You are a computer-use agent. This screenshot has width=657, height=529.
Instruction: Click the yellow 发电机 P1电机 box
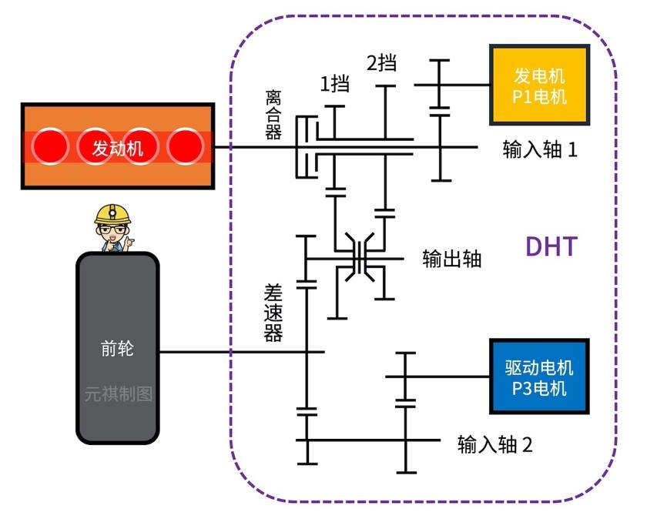click(x=540, y=85)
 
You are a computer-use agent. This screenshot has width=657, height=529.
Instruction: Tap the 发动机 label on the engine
click(x=118, y=146)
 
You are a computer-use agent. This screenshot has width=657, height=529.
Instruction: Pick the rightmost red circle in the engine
click(x=186, y=146)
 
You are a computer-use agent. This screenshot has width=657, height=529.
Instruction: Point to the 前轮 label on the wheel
click(x=117, y=348)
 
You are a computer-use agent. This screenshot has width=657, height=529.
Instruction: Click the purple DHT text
click(x=551, y=246)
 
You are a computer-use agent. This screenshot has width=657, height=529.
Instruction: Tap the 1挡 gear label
click(x=334, y=83)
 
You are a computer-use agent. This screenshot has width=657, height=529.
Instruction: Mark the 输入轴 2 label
click(x=494, y=444)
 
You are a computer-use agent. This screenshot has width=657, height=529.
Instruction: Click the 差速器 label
click(x=273, y=312)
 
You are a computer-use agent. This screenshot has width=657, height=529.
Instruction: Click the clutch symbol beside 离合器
click(x=307, y=146)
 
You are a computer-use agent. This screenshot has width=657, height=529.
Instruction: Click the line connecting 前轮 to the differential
click(x=231, y=352)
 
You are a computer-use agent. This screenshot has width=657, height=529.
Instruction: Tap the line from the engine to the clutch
click(x=254, y=146)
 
